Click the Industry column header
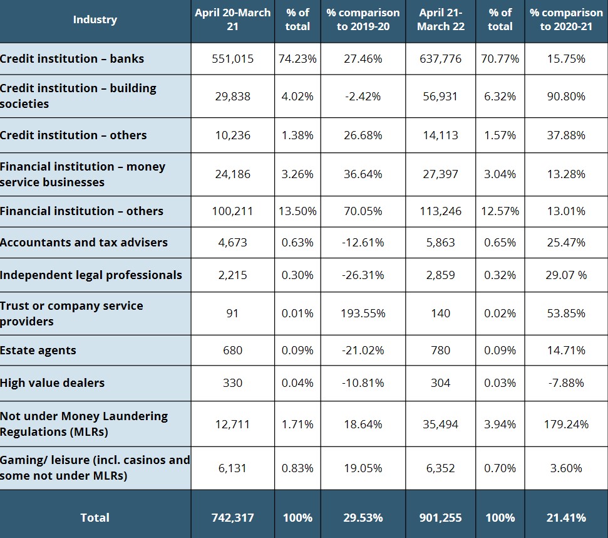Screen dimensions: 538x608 95,19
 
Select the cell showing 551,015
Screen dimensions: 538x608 232,59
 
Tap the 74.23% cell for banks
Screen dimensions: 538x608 297,59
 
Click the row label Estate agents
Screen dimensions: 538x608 38,351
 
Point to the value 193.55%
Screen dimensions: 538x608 363,314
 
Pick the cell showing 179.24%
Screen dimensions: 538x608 566,424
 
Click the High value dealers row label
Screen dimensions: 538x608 53,383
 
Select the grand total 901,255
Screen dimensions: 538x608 440,517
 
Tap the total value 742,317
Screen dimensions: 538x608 232,517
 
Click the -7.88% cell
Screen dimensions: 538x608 566,383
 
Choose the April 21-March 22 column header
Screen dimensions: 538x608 440,19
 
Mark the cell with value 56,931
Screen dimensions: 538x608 440,97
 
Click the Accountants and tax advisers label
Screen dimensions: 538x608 84,243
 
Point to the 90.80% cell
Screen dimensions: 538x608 566,97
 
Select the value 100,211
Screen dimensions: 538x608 232,211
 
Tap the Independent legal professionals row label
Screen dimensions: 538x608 91,275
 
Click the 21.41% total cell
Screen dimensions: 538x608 566,517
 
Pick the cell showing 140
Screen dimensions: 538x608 440,314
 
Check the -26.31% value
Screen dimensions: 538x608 363,275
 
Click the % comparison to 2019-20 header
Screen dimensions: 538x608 363,19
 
